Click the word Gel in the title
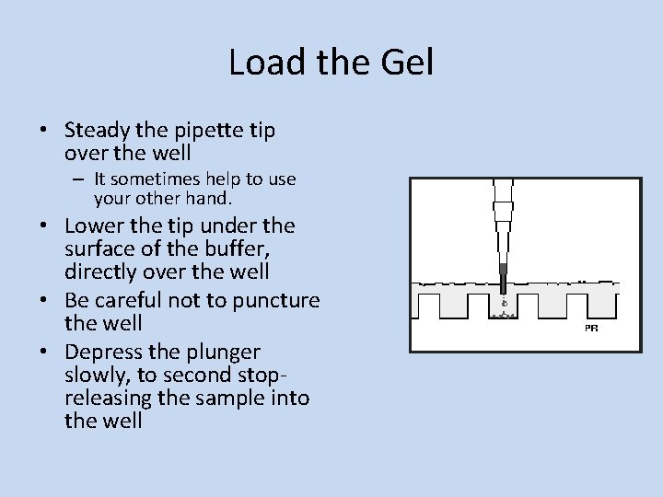(405, 63)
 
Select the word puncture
(275, 301)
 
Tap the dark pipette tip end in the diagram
(503, 276)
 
